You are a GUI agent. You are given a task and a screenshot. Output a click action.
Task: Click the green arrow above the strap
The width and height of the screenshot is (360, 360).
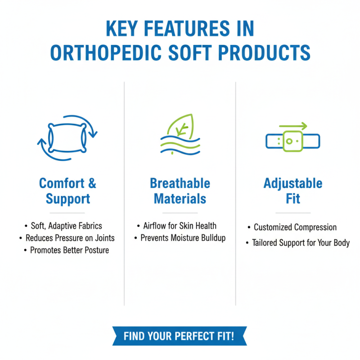[293, 126]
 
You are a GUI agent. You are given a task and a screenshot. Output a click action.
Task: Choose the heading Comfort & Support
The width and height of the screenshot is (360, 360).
[67, 191]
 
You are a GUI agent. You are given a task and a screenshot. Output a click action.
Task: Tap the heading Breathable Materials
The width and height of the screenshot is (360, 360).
[180, 191]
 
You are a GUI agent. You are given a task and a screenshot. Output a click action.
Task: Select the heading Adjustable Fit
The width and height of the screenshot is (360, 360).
[293, 191]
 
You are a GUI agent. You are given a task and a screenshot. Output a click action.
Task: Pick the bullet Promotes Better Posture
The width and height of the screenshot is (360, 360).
[69, 250]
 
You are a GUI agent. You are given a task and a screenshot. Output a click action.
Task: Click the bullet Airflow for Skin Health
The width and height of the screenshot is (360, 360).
[180, 226]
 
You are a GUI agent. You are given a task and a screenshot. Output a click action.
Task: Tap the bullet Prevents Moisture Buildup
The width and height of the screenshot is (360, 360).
[183, 238]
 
